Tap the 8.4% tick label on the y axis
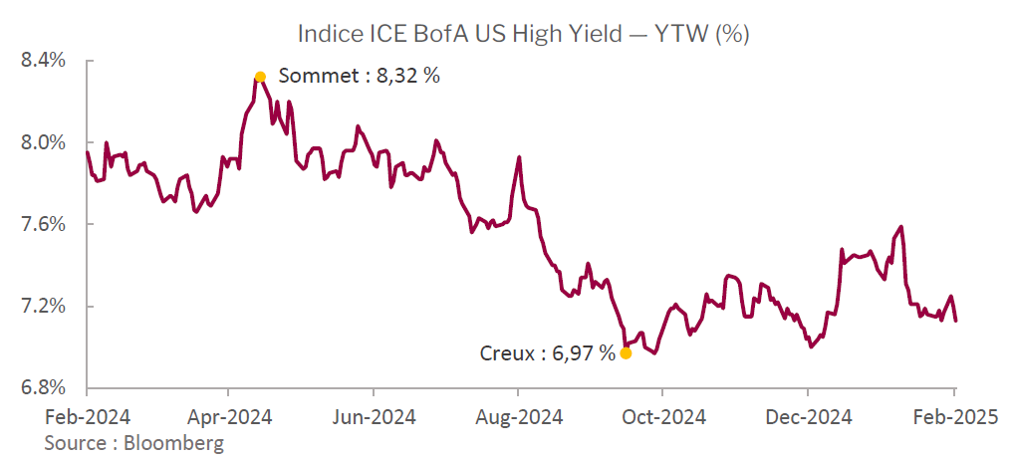tap(42, 61)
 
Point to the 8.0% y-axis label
tap(42, 142)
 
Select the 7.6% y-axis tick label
tap(42, 224)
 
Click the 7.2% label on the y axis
tap(42, 306)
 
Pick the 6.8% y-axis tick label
tap(42, 387)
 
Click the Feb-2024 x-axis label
tap(87, 417)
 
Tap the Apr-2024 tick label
tap(230, 417)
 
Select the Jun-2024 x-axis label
tap(375, 417)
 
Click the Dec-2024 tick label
tap(809, 417)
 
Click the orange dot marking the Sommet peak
tap(260, 77)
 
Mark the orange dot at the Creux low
tap(626, 352)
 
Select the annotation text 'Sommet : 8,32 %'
tap(359, 76)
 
